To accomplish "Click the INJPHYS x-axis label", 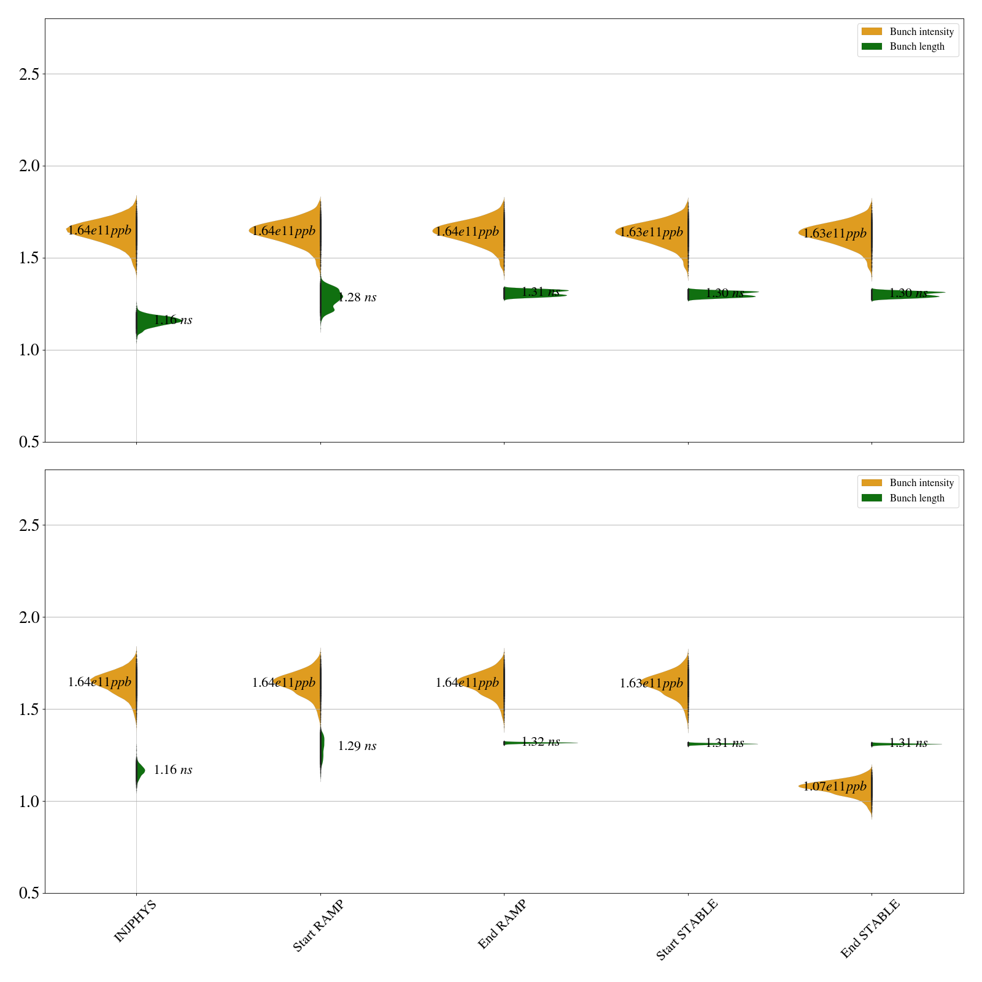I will [135, 921].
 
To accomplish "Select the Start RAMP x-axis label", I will [318, 926].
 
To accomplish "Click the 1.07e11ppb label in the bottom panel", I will [835, 786].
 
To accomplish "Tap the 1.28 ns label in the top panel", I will [357, 298].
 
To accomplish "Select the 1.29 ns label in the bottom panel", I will [357, 746].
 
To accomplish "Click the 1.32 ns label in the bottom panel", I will [541, 742].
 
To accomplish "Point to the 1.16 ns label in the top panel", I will [173, 320].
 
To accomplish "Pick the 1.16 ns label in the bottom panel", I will [173, 770].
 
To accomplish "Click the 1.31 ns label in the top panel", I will [541, 292].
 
